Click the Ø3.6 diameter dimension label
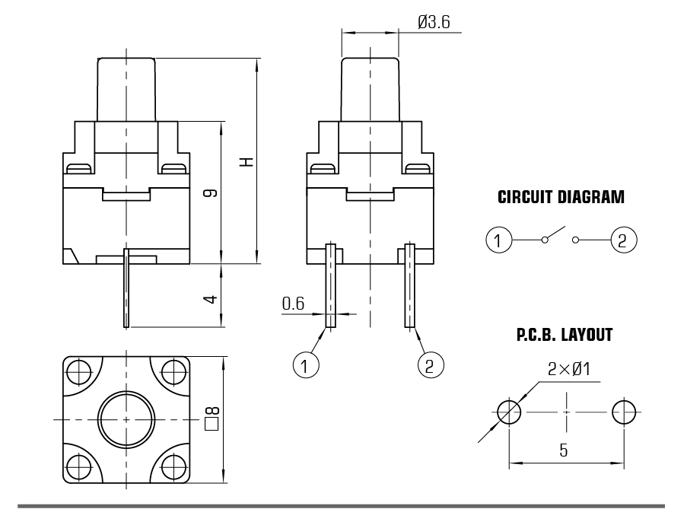point(434,22)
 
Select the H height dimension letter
point(245,162)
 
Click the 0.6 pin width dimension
point(293,304)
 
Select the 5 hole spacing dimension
point(563,450)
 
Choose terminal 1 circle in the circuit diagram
point(498,241)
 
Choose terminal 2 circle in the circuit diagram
point(622,241)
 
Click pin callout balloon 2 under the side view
point(431,365)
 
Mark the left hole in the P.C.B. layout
point(509,413)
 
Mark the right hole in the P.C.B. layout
point(625,413)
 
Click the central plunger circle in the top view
point(127,419)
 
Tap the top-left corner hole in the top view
point(78,372)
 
